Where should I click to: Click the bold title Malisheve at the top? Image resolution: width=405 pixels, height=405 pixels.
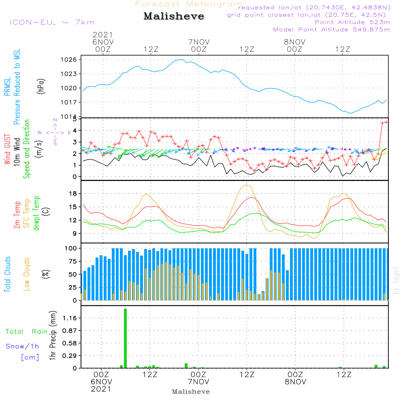(x=174, y=17)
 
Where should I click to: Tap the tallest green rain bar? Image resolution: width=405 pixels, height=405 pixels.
(x=126, y=338)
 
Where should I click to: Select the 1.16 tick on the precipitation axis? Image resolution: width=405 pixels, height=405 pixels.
(x=71, y=318)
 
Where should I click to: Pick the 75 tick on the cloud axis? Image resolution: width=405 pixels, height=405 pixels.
(x=72, y=261)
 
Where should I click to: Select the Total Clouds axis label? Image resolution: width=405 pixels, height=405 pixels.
(x=8, y=274)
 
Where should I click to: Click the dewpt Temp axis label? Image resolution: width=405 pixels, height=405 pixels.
(x=36, y=213)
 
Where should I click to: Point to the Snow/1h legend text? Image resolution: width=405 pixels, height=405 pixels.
(x=22, y=346)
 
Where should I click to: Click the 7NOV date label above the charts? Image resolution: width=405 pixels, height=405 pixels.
(x=199, y=42)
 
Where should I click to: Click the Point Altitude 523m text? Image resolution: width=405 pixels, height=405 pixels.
(x=352, y=22)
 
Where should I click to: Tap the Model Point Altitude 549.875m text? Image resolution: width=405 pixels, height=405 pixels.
(x=332, y=30)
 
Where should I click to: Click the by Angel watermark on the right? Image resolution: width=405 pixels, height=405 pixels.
(x=396, y=281)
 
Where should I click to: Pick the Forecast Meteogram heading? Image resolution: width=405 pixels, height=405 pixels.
(x=189, y=4)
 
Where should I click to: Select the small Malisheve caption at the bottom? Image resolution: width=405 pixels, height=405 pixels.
(x=191, y=392)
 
